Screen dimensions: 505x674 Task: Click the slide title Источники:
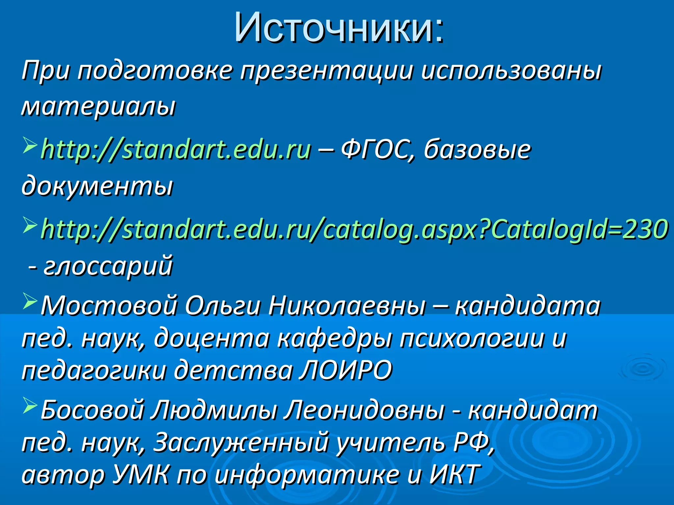pyautogui.click(x=339, y=28)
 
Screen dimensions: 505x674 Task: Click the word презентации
pyautogui.click(x=326, y=70)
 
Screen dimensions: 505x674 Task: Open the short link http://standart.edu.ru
pyautogui.click(x=176, y=150)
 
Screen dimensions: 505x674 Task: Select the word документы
pyautogui.click(x=97, y=186)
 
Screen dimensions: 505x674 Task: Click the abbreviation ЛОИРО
pyautogui.click(x=346, y=370)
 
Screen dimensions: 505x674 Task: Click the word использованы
pyautogui.click(x=511, y=70)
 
